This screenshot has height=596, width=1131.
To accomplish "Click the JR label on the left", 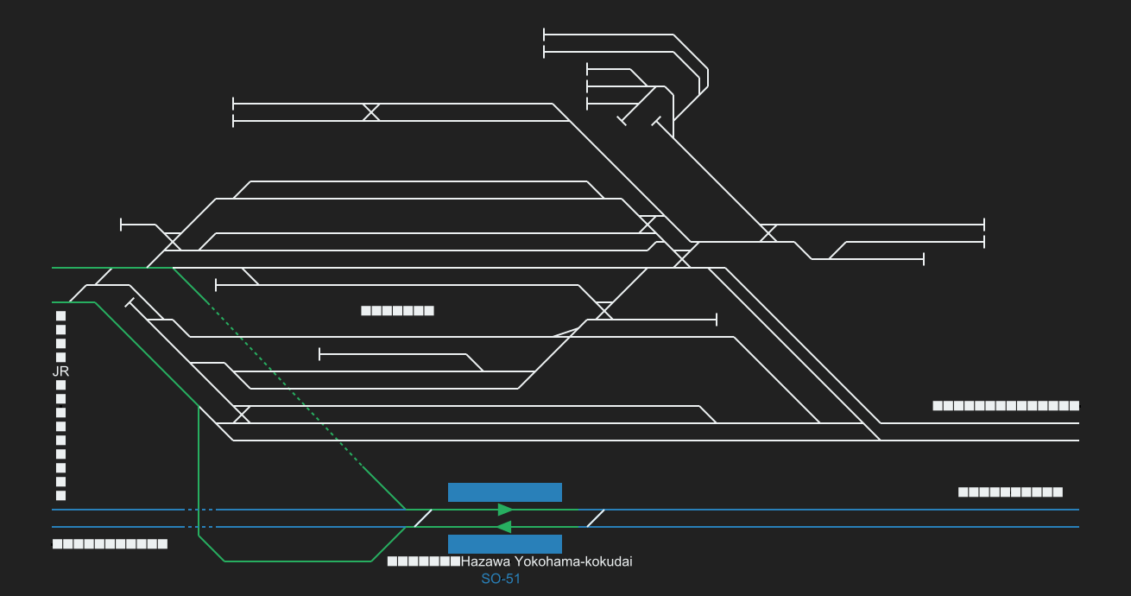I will coord(60,371).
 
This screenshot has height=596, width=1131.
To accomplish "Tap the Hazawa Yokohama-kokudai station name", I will coord(547,561).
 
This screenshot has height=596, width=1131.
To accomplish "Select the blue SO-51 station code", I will coord(501,579).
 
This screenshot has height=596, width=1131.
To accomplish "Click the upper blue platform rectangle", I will coord(505,492).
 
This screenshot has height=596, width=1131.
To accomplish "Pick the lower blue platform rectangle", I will coord(505,544).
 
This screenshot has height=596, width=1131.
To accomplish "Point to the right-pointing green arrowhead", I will coord(506,510).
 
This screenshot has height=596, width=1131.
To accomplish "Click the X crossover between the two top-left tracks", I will coord(371,112).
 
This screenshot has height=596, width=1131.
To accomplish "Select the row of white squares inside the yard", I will coord(397,311).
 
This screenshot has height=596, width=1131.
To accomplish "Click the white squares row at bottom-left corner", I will coord(110,544).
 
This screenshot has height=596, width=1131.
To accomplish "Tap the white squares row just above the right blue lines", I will coord(1010,492).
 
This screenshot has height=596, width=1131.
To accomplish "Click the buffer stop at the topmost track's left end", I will coord(544,35).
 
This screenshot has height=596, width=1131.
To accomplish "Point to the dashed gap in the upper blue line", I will coord(200,510).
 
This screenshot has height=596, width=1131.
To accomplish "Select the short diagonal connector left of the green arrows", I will coord(422,518).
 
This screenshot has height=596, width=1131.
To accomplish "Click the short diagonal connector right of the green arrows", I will coord(595,518).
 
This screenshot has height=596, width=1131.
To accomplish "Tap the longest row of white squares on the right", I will coord(1006,406).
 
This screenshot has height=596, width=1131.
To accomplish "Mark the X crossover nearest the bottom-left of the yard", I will coord(242,415).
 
